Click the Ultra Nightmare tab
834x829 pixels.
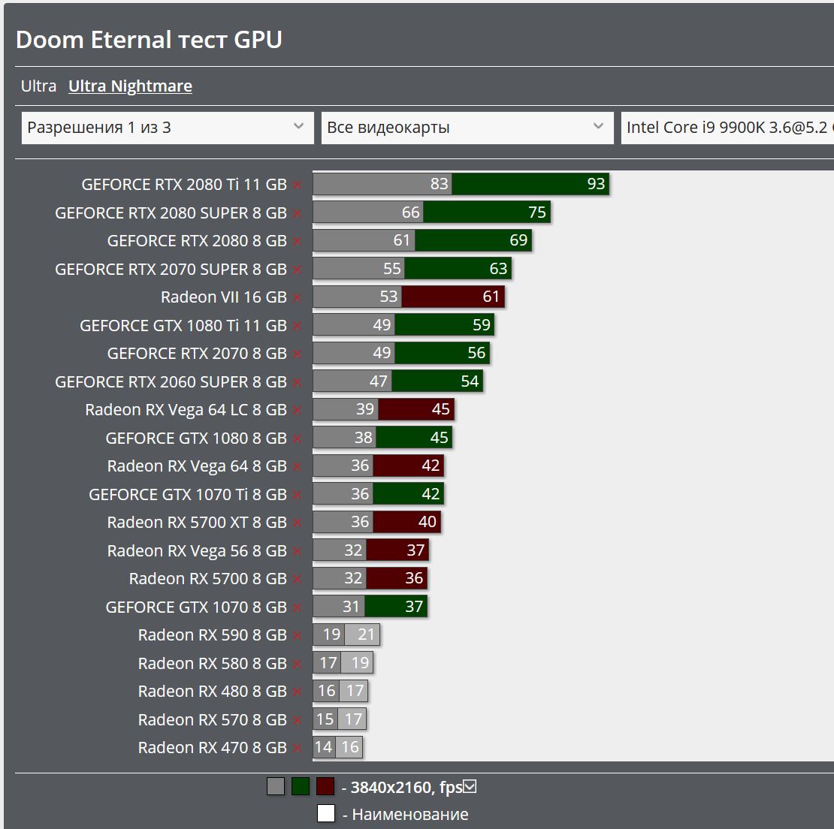pos(130,86)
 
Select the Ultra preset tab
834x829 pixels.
pos(38,86)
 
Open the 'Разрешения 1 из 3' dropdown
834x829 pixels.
pos(167,128)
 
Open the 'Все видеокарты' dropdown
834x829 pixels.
pos(466,128)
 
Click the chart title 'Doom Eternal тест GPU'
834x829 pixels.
pos(149,40)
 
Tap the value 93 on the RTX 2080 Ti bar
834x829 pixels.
pos(596,184)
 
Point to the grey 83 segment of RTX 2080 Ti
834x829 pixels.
pos(382,184)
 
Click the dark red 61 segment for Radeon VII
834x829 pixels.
pos(453,297)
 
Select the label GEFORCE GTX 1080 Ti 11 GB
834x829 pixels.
pos(183,325)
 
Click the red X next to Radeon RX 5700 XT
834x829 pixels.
pos(298,523)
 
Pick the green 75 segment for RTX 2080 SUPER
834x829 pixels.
pos(487,213)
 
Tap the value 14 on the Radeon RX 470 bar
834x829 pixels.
pos(323,747)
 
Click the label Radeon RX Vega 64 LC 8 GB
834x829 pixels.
pos(186,410)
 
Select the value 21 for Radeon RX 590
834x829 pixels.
pos(366,635)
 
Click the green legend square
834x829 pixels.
pos(301,786)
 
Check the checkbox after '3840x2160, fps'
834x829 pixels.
pos(470,787)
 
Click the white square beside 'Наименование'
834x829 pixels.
pos(325,813)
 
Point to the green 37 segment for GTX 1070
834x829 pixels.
pos(396,607)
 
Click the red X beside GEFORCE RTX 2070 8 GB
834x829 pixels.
pos(298,354)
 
